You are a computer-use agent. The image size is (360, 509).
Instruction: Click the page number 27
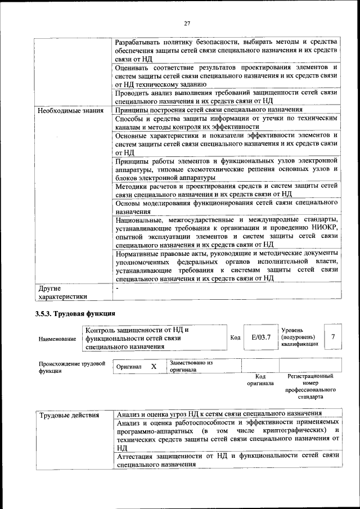click(x=187, y=23)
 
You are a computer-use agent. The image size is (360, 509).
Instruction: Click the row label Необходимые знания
click(x=70, y=110)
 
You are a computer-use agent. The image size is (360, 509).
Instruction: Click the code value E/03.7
click(x=261, y=337)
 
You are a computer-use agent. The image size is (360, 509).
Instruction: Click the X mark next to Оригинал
click(x=154, y=367)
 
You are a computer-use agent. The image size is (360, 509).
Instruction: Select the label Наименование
click(x=57, y=340)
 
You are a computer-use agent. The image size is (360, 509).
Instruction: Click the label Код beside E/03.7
click(x=236, y=337)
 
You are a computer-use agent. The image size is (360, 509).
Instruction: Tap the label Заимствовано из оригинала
click(x=191, y=367)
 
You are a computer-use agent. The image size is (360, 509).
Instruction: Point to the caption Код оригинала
click(x=260, y=380)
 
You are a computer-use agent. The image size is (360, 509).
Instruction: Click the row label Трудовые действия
click(x=69, y=415)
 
